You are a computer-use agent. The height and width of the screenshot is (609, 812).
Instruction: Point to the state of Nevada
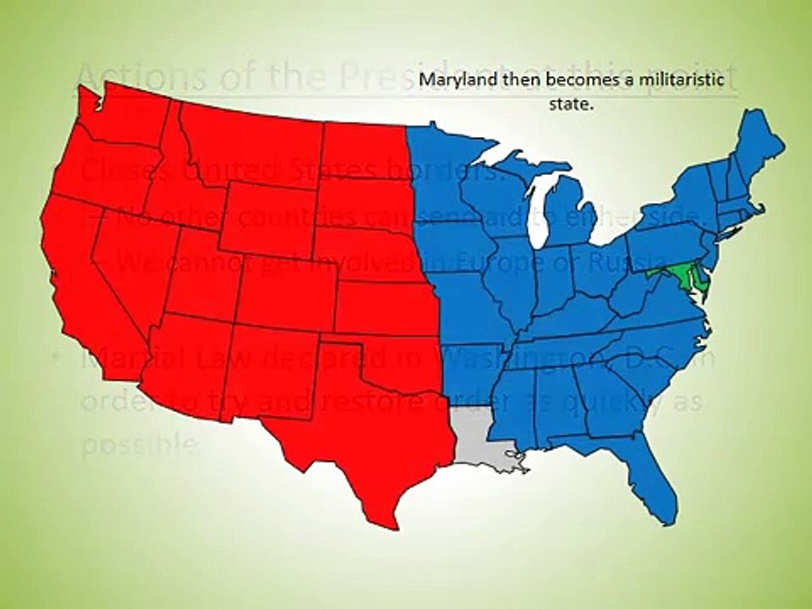point(127,254)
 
